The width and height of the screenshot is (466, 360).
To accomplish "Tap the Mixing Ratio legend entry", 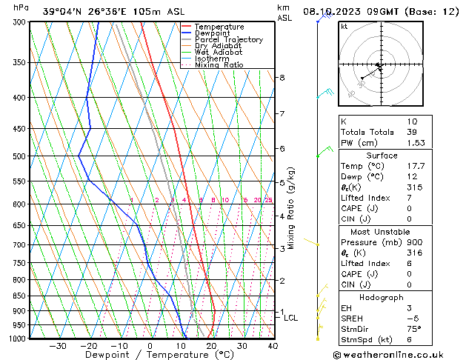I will coord(219,65).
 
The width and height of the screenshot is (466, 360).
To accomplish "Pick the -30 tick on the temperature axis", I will coord(58,346).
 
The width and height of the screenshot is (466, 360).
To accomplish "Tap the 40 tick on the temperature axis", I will coord(273,346).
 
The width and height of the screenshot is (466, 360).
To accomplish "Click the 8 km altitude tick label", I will coord(282,78).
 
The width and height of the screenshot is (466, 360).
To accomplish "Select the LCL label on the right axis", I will coord(291,318).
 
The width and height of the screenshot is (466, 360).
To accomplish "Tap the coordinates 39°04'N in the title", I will coord(63,11).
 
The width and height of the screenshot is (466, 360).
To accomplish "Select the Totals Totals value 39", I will coord(412,132).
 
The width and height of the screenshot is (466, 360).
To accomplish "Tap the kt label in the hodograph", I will coord(344,26).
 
